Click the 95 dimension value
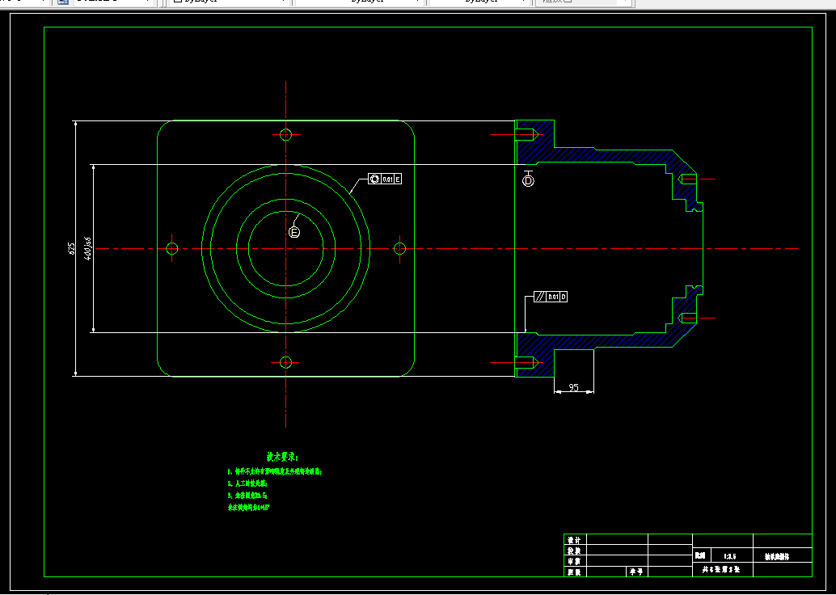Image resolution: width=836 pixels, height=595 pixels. pos(573,387)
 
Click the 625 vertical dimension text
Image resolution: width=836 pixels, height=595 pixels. pos(71,248)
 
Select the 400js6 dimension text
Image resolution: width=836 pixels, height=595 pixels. pos(88,248)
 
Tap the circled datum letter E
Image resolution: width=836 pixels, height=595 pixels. pos(294,232)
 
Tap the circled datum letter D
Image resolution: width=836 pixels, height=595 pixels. pos(529,182)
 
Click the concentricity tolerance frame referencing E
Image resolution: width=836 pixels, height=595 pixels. pos(385,179)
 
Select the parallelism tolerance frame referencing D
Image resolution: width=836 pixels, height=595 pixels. pos(551,297)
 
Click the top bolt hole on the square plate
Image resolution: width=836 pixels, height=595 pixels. pos(285,134)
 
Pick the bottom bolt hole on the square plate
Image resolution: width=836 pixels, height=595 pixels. pos(285,361)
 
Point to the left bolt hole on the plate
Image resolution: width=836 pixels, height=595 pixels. pos(172,248)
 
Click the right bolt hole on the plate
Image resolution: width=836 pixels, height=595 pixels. pos(399,248)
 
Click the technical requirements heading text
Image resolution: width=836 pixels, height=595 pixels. pos(282,458)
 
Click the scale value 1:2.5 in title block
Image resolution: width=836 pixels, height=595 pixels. pos(729,556)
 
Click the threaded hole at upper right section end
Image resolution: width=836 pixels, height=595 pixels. pos(688,179)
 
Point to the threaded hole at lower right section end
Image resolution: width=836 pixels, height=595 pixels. pos(688,317)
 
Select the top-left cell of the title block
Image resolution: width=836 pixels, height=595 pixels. pos(575,539)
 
